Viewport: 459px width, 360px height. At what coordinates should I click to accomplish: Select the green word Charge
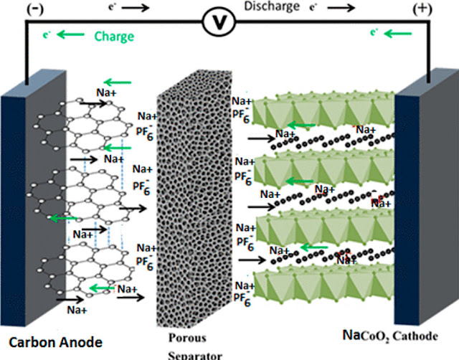pyautogui.click(x=115, y=34)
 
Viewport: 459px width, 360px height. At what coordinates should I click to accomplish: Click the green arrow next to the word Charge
pyautogui.click(x=69, y=34)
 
